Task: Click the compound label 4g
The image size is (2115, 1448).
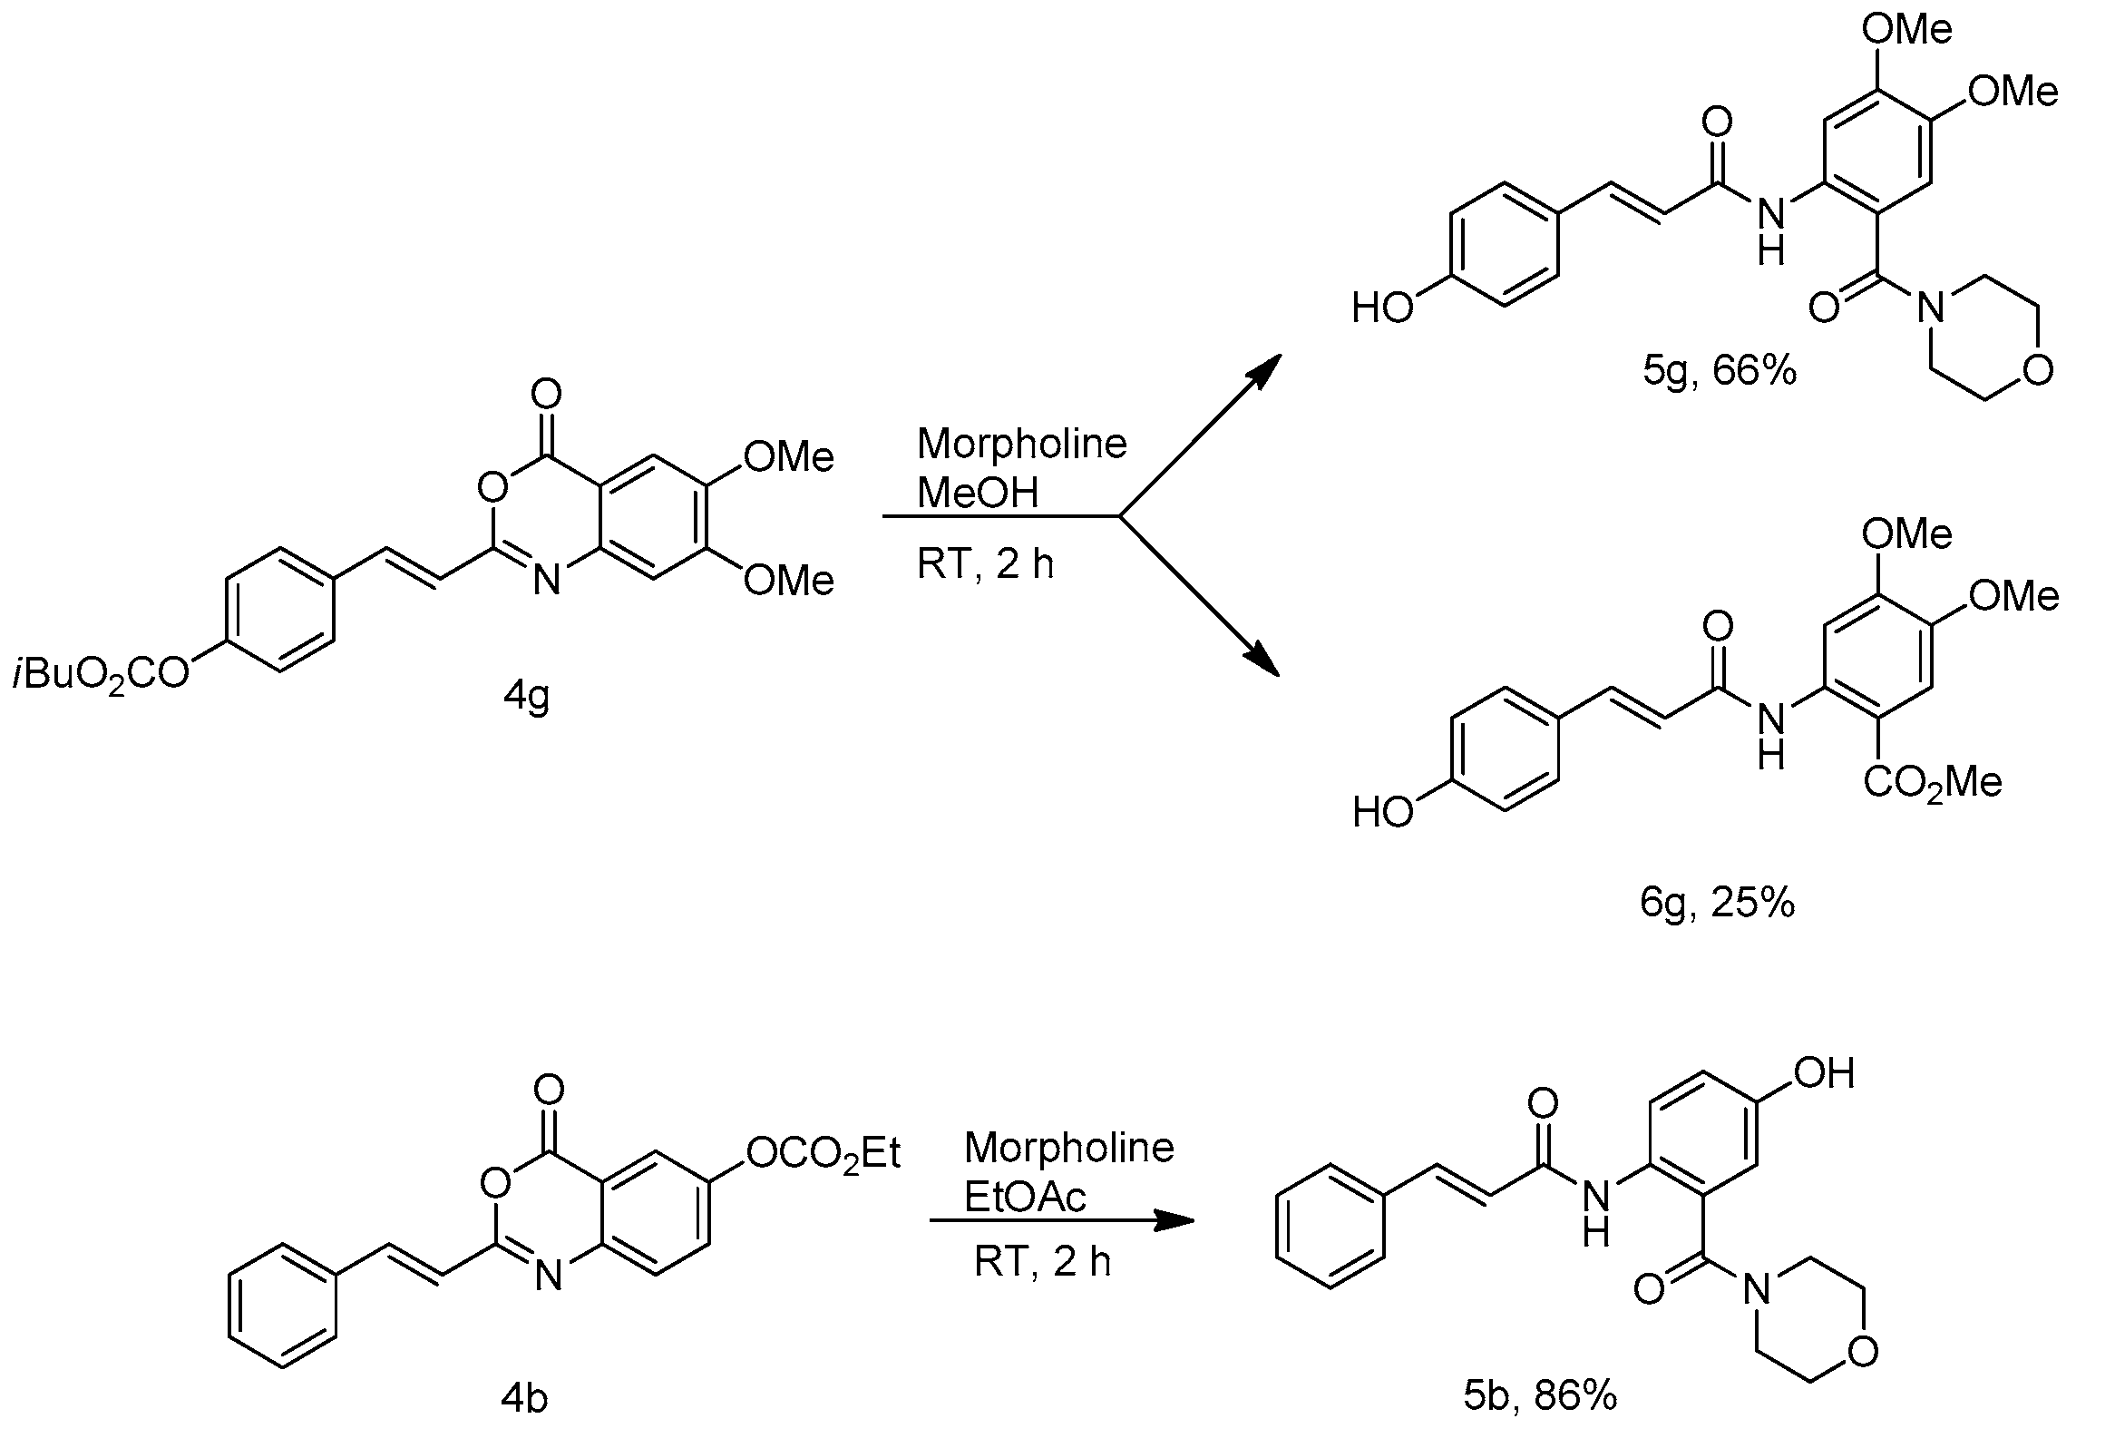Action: [x=527, y=698]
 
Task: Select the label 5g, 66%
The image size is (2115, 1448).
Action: [x=1720, y=371]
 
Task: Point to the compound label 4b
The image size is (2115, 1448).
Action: [x=525, y=1398]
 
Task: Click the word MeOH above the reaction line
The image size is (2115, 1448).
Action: [x=978, y=493]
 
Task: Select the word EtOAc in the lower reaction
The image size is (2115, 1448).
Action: [x=1025, y=1198]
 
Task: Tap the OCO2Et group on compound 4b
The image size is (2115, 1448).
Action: [x=823, y=1154]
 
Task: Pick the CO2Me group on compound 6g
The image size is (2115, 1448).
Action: [x=1932, y=783]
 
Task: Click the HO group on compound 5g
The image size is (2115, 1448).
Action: [x=1382, y=308]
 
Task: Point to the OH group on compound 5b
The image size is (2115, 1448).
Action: [x=1824, y=1074]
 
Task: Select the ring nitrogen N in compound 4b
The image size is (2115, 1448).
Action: [x=548, y=1275]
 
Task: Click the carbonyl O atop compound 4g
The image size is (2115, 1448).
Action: [x=546, y=394]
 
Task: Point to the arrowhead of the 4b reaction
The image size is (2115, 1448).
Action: [x=1174, y=1220]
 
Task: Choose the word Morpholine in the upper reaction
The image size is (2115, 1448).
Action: [x=1022, y=445]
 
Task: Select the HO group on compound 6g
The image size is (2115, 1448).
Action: [x=1382, y=811]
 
